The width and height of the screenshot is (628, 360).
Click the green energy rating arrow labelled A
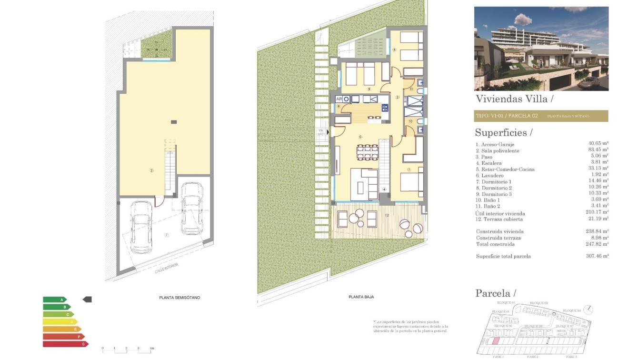54,300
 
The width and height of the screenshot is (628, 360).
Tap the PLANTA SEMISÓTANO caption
179,298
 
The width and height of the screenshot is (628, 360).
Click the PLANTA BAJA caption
361,297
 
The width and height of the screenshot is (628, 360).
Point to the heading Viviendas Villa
514,99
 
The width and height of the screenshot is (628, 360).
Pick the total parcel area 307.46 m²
598,256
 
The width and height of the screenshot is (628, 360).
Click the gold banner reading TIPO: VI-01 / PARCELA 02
541,116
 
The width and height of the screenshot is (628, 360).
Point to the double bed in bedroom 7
411,185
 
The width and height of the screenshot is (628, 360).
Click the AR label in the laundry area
339,99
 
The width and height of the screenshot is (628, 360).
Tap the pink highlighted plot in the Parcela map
495,340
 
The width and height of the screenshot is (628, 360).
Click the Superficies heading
503,132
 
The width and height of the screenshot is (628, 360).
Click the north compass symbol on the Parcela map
589,310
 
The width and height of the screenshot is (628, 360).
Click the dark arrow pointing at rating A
87,300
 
